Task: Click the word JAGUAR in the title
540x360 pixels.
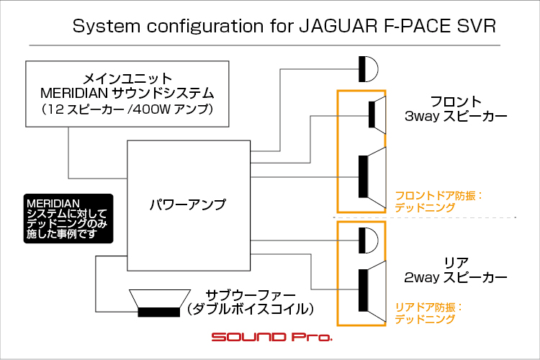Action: [338, 26]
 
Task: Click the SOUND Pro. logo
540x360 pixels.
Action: [271, 336]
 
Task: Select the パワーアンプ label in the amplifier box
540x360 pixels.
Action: [188, 204]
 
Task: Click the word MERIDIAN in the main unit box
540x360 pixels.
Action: [74, 93]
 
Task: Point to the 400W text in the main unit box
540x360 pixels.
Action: [151, 109]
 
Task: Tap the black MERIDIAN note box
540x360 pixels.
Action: [68, 218]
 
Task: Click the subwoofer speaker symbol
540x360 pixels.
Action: [159, 303]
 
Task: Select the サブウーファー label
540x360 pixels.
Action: [251, 295]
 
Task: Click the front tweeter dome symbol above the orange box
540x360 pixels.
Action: [368, 69]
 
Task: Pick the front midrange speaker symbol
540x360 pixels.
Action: [377, 114]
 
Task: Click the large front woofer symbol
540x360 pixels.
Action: [372, 177]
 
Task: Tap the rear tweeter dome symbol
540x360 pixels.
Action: [368, 240]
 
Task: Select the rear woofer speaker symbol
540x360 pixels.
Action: [372, 291]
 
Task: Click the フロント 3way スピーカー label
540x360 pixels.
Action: [456, 109]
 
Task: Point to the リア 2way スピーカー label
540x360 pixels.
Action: [456, 270]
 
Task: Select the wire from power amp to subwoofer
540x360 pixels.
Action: [96, 283]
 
